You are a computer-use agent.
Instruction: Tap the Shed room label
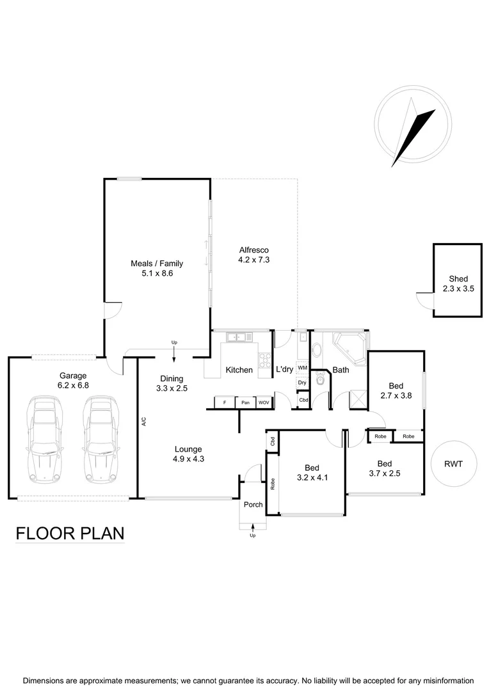458,279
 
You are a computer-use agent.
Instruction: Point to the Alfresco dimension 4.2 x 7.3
253,260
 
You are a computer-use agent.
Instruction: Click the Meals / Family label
157,263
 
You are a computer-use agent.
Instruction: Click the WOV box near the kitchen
264,402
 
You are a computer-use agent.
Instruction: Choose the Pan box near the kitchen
245,402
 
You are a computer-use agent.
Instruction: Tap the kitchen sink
236,336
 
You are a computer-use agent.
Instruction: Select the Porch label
253,505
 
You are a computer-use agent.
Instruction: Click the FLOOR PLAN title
70,533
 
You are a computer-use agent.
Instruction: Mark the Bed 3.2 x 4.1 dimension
312,477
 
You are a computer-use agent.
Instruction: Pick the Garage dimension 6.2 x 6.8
73,386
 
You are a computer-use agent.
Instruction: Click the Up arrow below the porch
253,528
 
